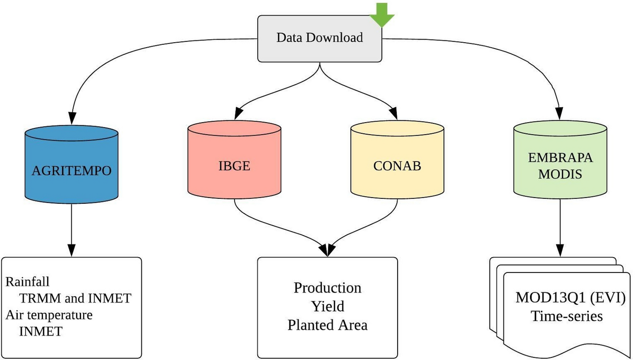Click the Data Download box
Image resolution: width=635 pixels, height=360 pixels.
coord(319,38)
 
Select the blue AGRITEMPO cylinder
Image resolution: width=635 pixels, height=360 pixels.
coord(71,171)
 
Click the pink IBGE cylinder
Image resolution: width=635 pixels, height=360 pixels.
coord(234,166)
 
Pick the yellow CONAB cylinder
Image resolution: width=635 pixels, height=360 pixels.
coord(397,166)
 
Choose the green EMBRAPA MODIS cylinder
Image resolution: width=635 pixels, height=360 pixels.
coord(560,166)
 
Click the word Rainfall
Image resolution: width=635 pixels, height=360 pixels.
coord(27,281)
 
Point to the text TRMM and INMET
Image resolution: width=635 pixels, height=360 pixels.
coord(75,298)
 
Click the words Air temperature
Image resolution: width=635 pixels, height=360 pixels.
coord(49,315)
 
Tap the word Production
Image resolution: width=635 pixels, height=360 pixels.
coord(327,288)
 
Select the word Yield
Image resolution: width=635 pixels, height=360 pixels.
coord(328,306)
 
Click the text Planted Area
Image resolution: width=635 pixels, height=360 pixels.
coord(327,325)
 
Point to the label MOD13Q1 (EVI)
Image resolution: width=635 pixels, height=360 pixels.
coord(570,298)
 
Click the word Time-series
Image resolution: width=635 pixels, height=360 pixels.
coord(566,316)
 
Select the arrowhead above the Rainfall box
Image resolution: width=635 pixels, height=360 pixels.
coord(71,250)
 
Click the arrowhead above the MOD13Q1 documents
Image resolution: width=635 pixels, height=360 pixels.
coord(560,250)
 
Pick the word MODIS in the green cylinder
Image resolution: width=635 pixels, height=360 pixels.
coord(560,174)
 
